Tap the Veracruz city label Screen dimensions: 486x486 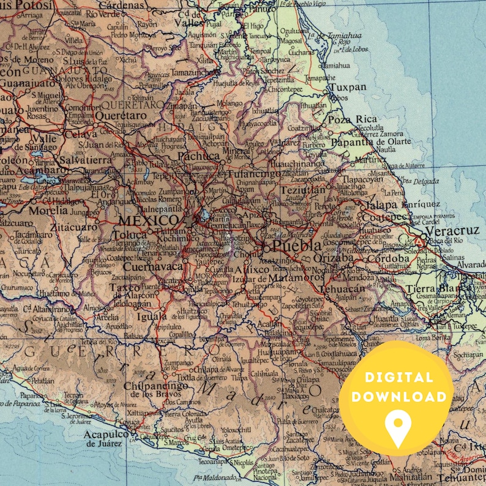tap(452, 232)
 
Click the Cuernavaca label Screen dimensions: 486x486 tap(152, 266)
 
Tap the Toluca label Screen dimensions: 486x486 tap(130, 234)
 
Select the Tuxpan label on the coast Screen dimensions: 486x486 tap(348, 88)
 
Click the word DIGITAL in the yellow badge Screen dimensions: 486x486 tap(398, 378)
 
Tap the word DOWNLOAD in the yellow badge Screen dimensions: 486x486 tap(398, 397)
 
